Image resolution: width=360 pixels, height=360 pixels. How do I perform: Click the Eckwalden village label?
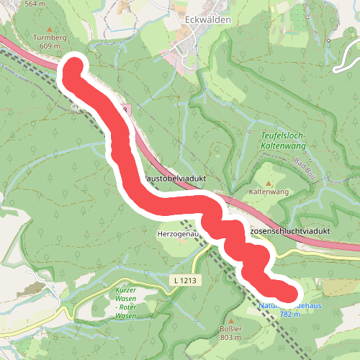207,20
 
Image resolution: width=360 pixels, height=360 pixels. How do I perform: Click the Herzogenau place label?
177,234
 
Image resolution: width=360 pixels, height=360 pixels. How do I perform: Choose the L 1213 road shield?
185,279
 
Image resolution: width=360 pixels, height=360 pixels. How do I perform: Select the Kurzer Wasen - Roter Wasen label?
126,302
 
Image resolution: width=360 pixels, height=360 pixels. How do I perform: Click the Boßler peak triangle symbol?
230,322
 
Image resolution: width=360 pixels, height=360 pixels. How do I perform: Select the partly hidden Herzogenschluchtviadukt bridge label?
292,230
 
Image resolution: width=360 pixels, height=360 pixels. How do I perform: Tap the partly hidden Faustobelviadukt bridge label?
179,178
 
